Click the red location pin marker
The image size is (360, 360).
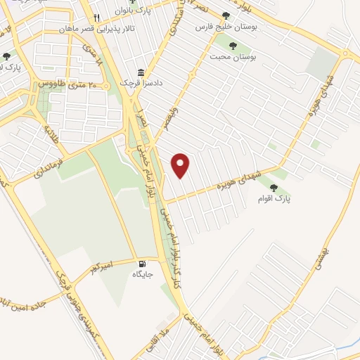pyautogui.click(x=181, y=165)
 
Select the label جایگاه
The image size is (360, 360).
pyautogui.click(x=143, y=275)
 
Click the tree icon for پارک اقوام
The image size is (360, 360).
pyautogui.click(x=274, y=188)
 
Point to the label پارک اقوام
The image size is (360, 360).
pyautogui.click(x=274, y=200)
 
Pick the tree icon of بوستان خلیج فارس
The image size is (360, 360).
pyautogui.click(x=225, y=15)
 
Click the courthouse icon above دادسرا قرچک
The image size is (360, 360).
pyautogui.click(x=141, y=72)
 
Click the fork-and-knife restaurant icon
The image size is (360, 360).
pyautogui.click(x=97, y=18)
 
